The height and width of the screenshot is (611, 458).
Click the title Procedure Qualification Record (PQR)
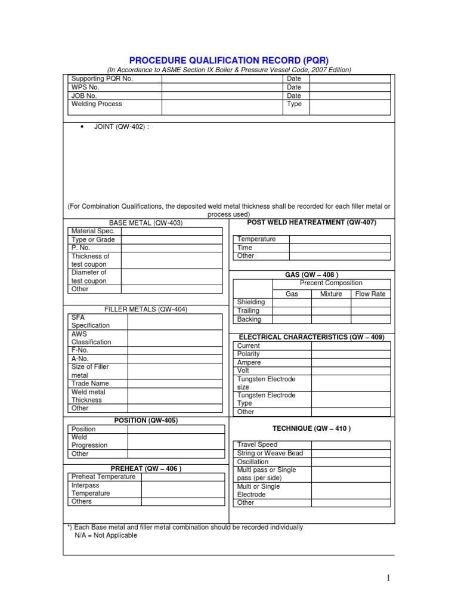[229, 60]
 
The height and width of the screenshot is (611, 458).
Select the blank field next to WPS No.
[222, 87]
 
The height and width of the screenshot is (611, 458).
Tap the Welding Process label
[97, 104]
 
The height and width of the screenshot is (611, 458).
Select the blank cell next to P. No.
[172, 248]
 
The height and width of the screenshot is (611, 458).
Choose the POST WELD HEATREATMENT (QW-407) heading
[311, 223]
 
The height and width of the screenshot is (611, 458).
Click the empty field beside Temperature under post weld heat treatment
[340, 239]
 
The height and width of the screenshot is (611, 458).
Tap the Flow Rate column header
[370, 294]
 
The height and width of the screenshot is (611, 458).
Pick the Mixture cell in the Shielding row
[331, 302]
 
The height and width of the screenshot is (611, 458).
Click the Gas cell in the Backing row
[292, 319]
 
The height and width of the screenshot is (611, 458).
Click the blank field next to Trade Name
[176, 384]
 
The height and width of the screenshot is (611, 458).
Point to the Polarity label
[249, 354]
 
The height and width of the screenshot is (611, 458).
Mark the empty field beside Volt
[351, 371]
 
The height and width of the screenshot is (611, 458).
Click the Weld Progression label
[89, 441]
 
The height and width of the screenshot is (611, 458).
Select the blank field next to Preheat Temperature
[183, 477]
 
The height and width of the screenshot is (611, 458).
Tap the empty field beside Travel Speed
[351, 445]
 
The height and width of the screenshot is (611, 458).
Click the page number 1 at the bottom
[387, 578]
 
